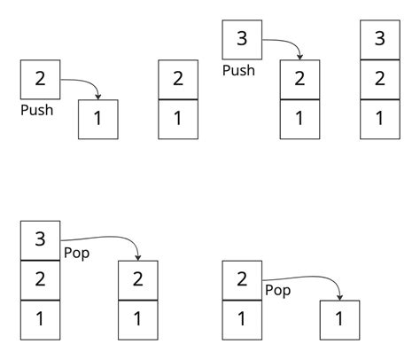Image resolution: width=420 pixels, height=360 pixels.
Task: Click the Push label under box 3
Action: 237,70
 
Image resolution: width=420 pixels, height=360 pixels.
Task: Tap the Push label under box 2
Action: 36,111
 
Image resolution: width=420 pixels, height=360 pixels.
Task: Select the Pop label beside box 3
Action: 75,253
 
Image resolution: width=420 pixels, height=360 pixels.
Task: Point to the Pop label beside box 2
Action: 277,290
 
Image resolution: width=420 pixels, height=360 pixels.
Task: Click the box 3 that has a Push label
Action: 241,40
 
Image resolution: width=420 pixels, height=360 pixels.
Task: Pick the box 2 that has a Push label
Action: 40,80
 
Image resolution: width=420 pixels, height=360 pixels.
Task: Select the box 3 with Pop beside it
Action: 40,240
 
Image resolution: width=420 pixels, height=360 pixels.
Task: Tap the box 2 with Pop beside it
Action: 241,280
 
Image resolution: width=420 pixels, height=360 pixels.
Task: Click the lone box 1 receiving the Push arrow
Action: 98,119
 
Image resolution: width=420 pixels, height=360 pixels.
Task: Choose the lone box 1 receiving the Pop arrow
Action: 339,320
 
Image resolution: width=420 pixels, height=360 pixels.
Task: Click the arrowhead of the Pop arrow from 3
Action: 138,257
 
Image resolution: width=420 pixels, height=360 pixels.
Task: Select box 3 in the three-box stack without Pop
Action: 380,40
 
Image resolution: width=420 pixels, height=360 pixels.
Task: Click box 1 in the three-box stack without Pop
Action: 380,119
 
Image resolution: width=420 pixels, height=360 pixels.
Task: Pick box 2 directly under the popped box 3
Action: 40,280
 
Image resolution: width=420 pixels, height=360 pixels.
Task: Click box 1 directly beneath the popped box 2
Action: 241,320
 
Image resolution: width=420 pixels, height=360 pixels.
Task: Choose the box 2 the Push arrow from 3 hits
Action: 299,80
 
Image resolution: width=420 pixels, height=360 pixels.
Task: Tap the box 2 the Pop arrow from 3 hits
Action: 138,280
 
